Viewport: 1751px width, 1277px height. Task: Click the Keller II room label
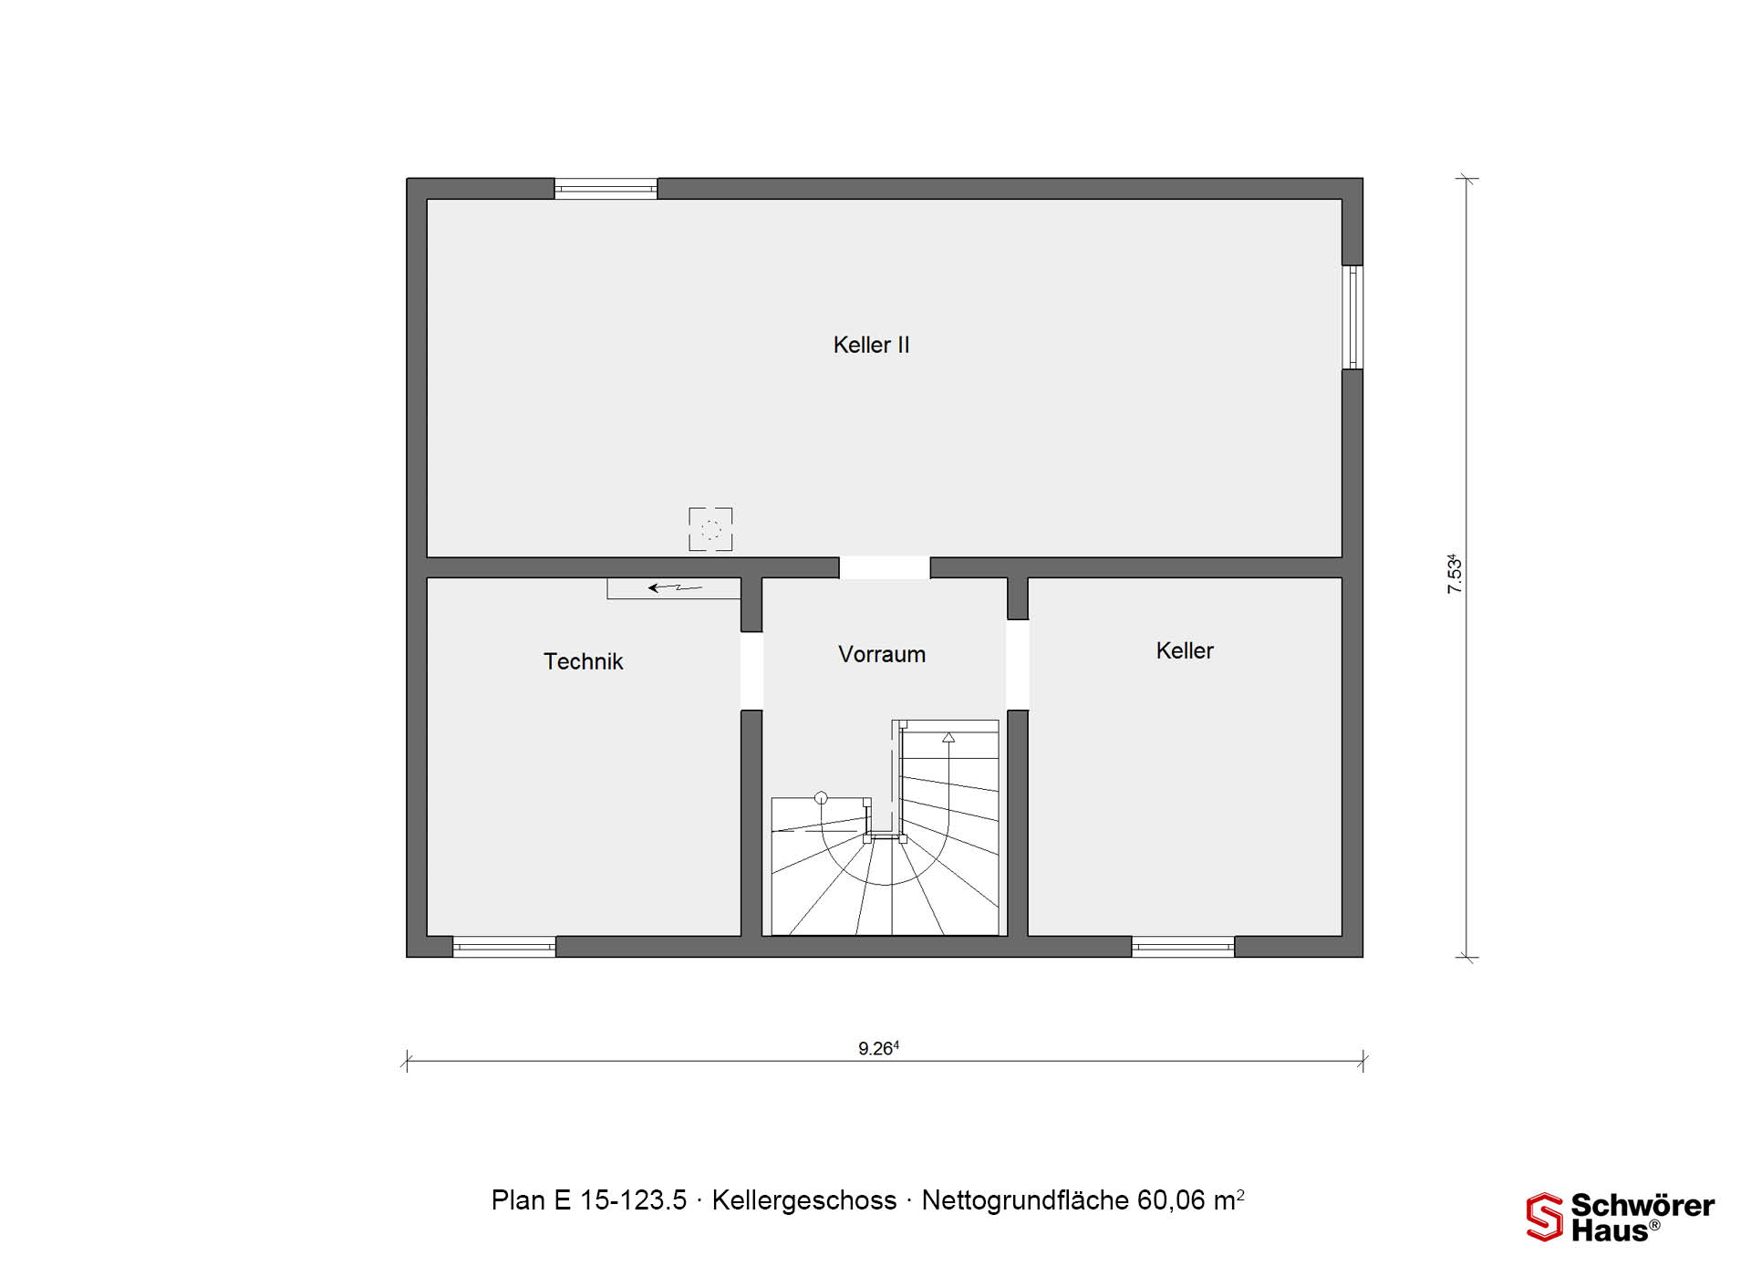871,345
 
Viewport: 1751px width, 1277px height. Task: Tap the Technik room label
583,661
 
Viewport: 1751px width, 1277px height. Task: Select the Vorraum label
882,654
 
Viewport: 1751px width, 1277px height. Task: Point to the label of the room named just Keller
1185,650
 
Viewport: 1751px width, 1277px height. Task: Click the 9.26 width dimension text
878,1048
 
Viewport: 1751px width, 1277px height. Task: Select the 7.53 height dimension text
1455,575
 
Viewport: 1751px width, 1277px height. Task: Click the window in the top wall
606,189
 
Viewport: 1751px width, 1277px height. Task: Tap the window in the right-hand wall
1352,317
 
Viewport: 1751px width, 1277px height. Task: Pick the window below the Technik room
504,947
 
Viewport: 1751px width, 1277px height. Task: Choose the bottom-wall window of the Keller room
1183,947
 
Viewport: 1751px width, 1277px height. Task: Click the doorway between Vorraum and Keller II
885,567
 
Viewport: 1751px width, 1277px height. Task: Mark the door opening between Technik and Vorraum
751,671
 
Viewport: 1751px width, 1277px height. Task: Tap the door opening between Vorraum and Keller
1018,665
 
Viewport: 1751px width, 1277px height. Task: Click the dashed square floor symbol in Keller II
710,529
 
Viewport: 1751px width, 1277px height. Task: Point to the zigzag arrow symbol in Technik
675,588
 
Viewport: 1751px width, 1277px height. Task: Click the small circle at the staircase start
821,797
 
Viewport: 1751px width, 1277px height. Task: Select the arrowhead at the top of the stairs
948,737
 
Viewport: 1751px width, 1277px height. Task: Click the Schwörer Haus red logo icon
1545,1217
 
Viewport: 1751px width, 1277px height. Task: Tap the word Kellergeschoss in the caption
804,1200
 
